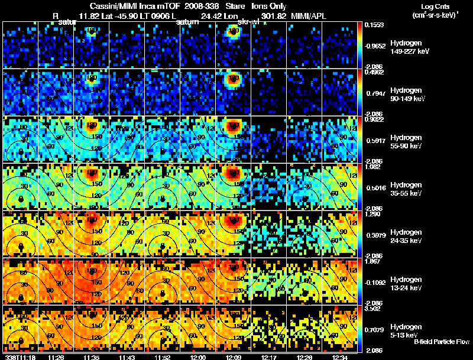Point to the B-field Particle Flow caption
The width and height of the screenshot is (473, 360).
point(440,342)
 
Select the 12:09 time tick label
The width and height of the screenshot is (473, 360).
point(233,356)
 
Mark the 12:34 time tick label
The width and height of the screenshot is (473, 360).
point(340,356)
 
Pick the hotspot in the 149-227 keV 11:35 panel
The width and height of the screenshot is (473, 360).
point(91,32)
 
